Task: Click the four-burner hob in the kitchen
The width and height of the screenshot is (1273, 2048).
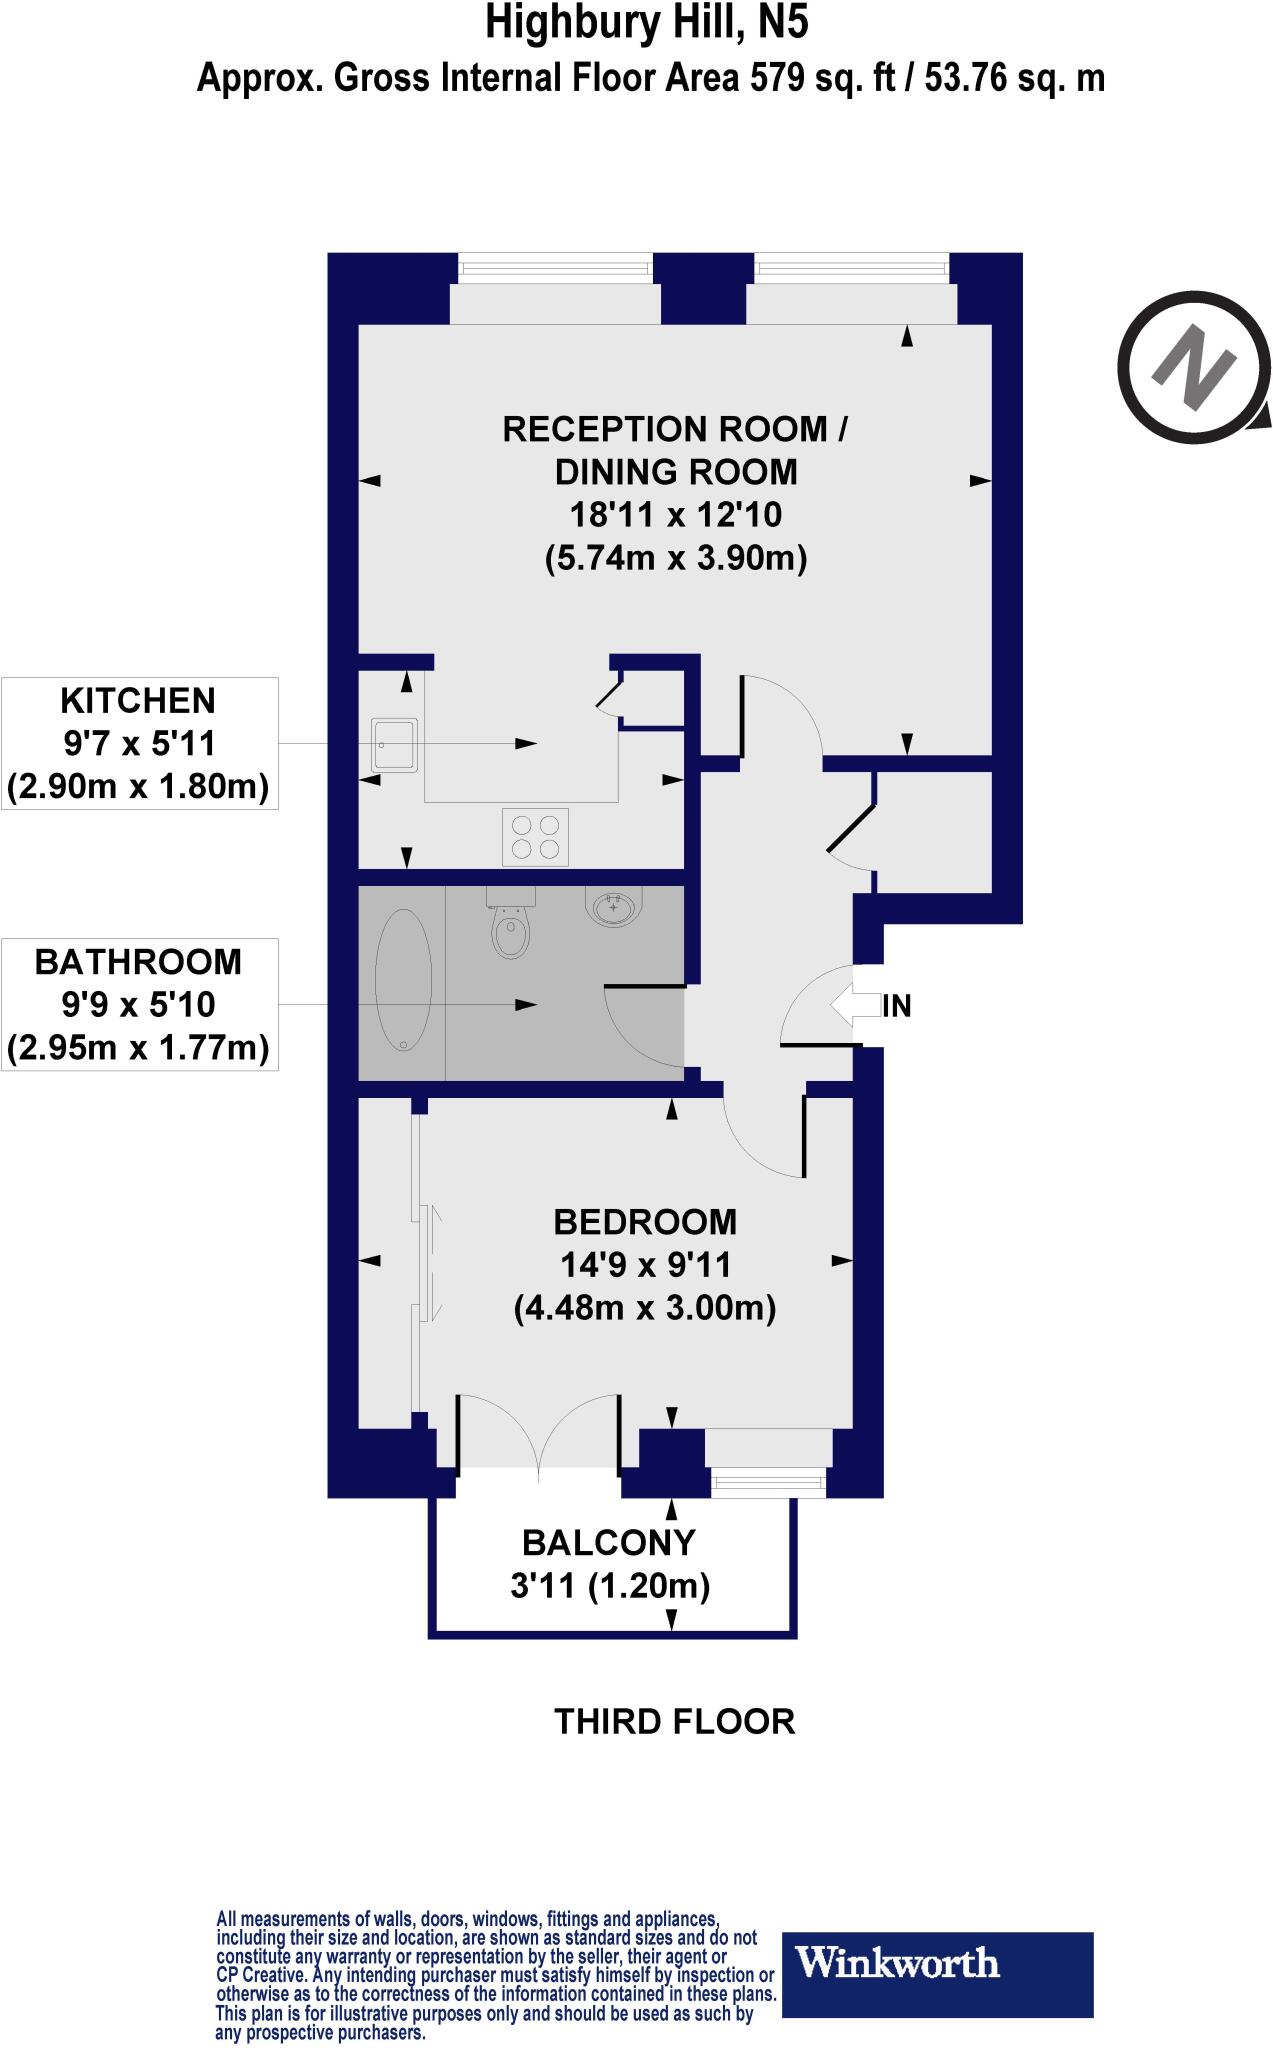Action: tap(535, 836)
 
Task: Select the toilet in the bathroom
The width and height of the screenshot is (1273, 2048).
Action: tap(511, 925)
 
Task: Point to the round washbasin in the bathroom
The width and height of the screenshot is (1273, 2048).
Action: tap(612, 909)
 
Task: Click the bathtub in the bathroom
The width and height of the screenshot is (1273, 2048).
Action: tap(403, 979)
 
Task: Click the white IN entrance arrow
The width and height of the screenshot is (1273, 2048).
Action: tap(852, 1005)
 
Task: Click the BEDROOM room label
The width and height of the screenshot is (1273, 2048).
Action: tap(645, 1221)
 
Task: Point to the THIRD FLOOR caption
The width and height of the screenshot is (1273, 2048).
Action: tap(674, 1721)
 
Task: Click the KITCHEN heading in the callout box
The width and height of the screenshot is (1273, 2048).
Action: tap(138, 700)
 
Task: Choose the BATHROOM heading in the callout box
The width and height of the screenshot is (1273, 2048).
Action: tap(138, 961)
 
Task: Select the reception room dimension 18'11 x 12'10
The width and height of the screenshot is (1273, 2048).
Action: tap(675, 515)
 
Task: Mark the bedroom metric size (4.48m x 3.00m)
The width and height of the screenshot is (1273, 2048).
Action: tap(645, 1308)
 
